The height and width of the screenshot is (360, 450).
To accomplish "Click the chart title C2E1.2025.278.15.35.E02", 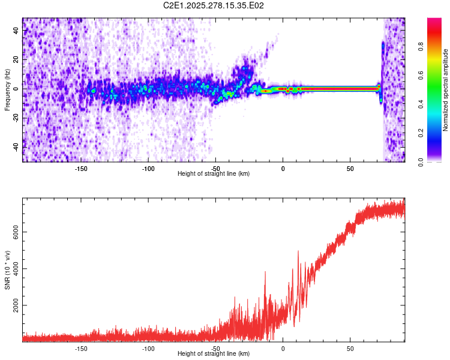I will (x=214, y=5).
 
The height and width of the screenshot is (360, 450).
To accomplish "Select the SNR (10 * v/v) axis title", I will (x=7, y=270).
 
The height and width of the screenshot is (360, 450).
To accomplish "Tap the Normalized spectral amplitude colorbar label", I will (x=446, y=90).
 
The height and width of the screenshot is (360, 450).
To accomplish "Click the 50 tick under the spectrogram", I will (x=350, y=168).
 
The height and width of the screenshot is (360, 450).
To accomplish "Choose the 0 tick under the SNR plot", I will (x=283, y=348).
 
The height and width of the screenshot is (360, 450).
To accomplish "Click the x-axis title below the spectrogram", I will (x=214, y=174).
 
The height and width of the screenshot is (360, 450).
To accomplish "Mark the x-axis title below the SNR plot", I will (x=214, y=354).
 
